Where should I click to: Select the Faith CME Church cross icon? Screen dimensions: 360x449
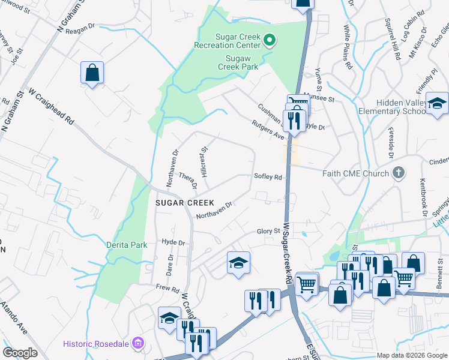click(397, 173)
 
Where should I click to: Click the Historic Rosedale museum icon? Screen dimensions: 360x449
click(138, 343)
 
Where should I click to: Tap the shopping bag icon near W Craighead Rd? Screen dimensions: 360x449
click(92, 73)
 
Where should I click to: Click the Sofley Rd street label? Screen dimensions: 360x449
click(268, 177)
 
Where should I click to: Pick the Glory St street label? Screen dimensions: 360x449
click(268, 231)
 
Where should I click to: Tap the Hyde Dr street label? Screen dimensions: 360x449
click(173, 242)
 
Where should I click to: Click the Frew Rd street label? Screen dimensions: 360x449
click(167, 289)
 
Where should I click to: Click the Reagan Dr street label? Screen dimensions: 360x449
click(80, 26)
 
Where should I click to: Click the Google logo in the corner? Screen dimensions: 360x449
click(20, 353)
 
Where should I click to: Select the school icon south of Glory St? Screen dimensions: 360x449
click(238, 263)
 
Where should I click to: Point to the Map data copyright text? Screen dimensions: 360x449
click(412, 355)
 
